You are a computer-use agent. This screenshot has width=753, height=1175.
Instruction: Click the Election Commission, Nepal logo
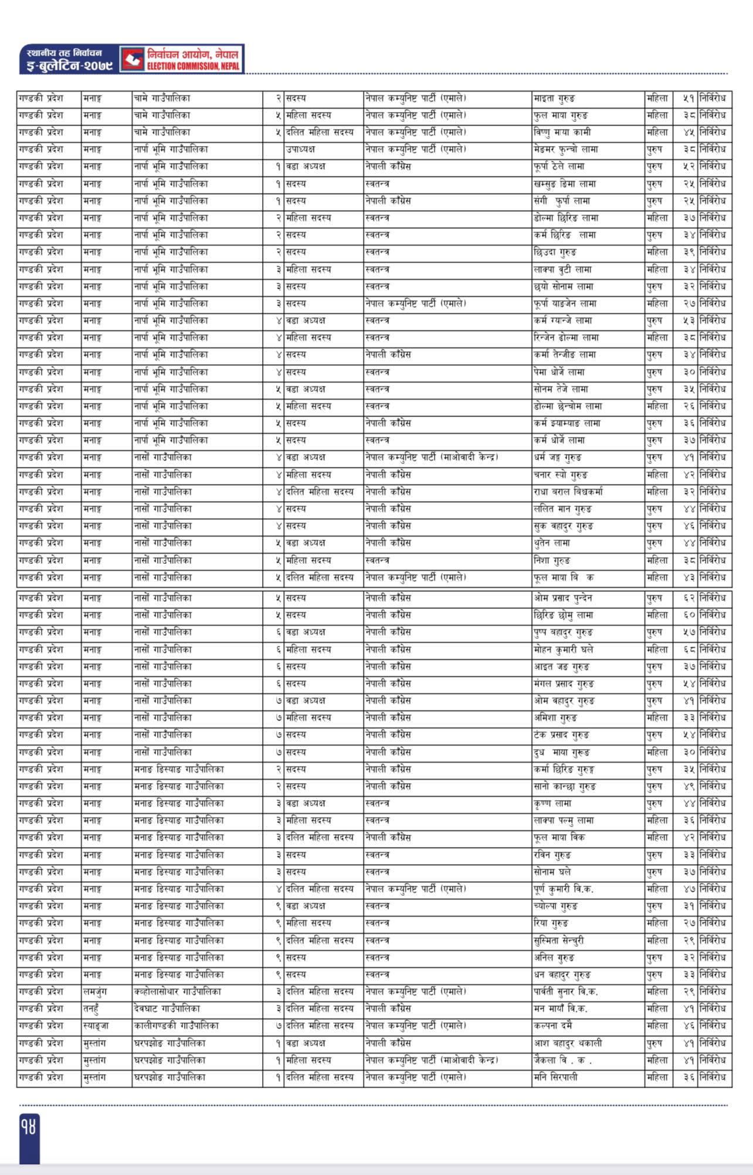[132, 59]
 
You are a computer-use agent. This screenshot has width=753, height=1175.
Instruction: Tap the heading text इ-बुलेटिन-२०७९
[66, 66]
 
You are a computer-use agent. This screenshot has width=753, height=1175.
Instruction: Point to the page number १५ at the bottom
[29, 1127]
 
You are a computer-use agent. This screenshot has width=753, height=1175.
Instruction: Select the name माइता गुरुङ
[554, 98]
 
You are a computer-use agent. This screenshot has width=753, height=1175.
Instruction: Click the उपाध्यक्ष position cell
[301, 150]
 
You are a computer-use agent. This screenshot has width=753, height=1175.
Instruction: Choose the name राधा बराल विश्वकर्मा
[568, 492]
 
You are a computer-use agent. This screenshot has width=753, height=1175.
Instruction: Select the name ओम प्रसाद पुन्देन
[563, 598]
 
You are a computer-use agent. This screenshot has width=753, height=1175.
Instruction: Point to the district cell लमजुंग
[94, 992]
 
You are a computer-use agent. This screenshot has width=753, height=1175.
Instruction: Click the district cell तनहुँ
[93, 1009]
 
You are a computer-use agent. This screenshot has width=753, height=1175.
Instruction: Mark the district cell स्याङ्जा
[96, 1026]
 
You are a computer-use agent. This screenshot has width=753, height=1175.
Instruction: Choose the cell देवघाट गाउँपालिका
[167, 1009]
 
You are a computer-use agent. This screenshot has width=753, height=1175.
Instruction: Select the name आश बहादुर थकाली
[568, 1044]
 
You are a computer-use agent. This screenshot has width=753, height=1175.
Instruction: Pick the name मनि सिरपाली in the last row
[555, 1078]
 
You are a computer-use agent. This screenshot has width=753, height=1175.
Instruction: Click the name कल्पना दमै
[553, 1026]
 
